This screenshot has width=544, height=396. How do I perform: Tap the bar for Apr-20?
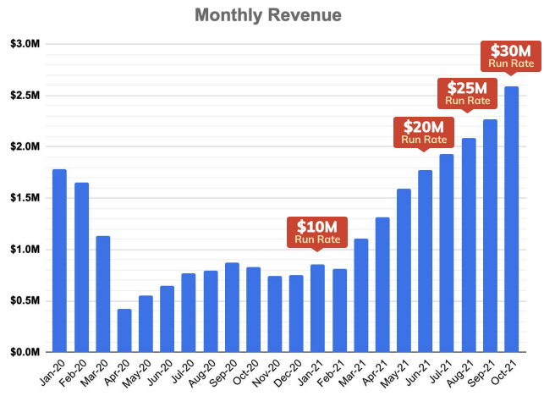tap(124, 330)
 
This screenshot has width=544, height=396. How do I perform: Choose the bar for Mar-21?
tap(361, 295)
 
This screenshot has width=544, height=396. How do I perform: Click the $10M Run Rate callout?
tap(317, 232)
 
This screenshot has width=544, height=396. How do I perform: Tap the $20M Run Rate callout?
tap(422, 132)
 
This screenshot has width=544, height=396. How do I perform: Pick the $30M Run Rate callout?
tap(510, 55)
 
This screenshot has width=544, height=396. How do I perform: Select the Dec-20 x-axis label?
tap(293, 372)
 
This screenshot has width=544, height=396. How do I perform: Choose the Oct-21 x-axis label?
tap(508, 372)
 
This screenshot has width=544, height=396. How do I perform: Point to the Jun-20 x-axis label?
tap(164, 372)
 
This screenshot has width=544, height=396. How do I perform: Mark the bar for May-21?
tap(404, 270)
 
